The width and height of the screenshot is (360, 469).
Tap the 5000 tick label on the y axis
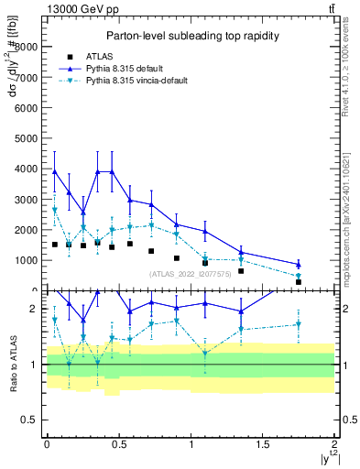tap(29, 138)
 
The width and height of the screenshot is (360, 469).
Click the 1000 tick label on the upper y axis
tap(29, 260)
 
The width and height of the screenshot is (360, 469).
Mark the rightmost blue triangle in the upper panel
tap(298, 264)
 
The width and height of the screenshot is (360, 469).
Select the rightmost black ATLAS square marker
tap(298, 282)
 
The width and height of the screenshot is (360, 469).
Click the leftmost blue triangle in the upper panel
tap(55, 171)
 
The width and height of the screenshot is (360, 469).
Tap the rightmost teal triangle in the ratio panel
tap(298, 324)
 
